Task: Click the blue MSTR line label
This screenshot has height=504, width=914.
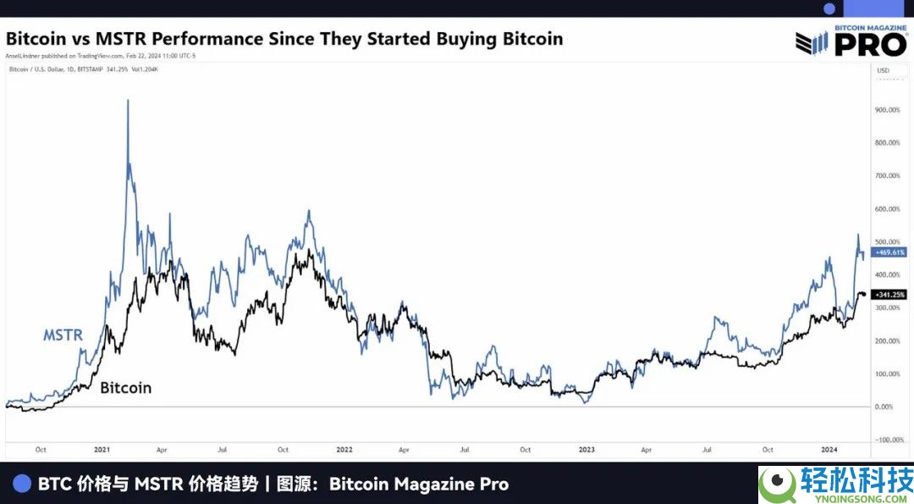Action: click(x=63, y=335)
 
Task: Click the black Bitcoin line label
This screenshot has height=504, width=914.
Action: click(x=126, y=388)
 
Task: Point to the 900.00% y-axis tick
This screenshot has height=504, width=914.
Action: click(x=887, y=110)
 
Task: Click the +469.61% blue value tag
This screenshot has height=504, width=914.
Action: click(x=888, y=252)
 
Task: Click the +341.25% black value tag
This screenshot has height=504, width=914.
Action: click(x=888, y=295)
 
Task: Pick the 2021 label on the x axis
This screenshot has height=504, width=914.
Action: click(x=102, y=450)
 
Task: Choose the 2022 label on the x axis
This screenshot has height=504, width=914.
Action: click(x=344, y=450)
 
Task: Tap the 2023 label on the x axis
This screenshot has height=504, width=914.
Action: click(x=586, y=450)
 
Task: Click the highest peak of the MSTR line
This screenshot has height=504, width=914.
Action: click(x=128, y=101)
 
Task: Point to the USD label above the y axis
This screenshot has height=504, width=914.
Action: click(x=884, y=70)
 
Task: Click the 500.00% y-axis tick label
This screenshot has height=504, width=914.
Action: click(x=887, y=242)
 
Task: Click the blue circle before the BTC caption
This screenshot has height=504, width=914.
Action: click(x=23, y=484)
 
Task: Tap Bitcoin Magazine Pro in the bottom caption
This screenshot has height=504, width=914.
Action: click(x=419, y=485)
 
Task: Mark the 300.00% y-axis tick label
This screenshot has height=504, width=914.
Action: click(x=887, y=308)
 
